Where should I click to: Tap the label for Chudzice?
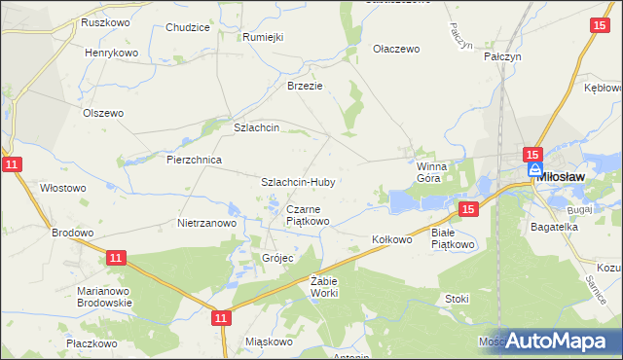click(x=188, y=27)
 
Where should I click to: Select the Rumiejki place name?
click(x=263, y=37)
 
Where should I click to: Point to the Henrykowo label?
click(x=112, y=53)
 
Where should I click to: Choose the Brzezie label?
click(x=305, y=86)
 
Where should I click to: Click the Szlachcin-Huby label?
click(x=298, y=182)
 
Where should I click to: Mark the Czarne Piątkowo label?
click(x=308, y=215)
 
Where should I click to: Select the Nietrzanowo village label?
click(x=207, y=223)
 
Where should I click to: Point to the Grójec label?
click(x=277, y=259)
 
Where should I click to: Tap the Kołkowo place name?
click(x=393, y=238)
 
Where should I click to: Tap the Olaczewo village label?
click(x=396, y=49)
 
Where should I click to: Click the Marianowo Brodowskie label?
click(x=105, y=297)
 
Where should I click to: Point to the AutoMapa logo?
click(x=557, y=341)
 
